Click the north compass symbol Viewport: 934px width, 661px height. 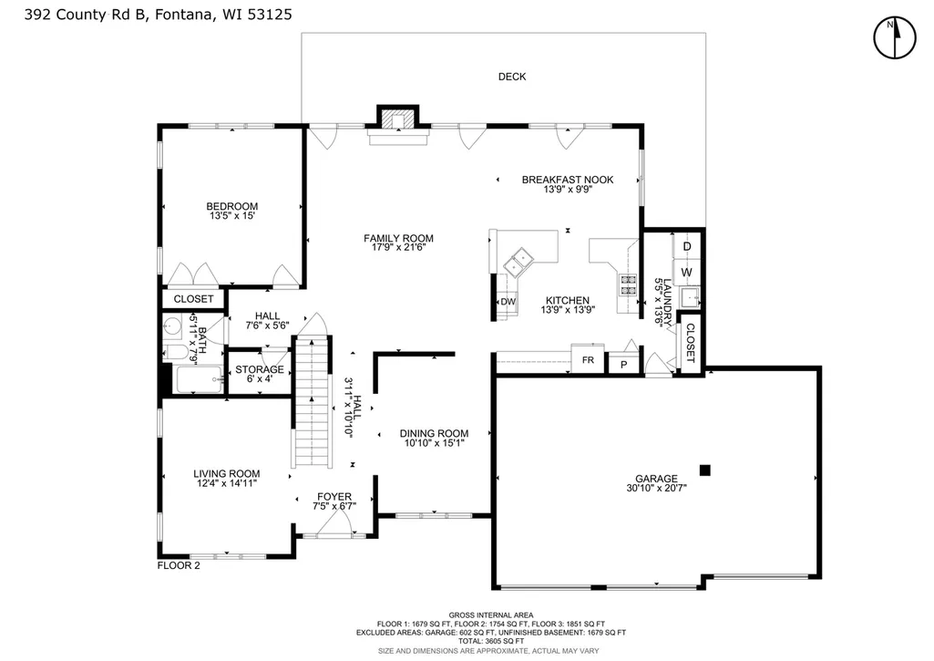click(894, 37)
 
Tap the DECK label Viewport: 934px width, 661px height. click(512, 77)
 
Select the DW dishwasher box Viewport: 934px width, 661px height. click(508, 302)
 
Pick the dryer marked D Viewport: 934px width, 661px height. click(686, 247)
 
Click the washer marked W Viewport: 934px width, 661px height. click(686, 273)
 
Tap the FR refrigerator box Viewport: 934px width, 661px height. click(588, 359)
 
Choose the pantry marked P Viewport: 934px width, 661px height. click(623, 364)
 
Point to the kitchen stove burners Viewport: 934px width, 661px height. click(628, 284)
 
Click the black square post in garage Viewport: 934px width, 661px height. click(704, 470)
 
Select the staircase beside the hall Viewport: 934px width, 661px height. click(313, 402)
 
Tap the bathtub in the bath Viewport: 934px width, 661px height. click(199, 379)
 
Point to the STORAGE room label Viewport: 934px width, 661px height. click(260, 369)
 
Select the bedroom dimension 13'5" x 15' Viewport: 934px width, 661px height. click(231, 216)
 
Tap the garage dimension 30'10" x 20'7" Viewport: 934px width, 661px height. click(656, 488)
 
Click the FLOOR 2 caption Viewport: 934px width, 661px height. click(179, 565)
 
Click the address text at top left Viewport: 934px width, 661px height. click(159, 15)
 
